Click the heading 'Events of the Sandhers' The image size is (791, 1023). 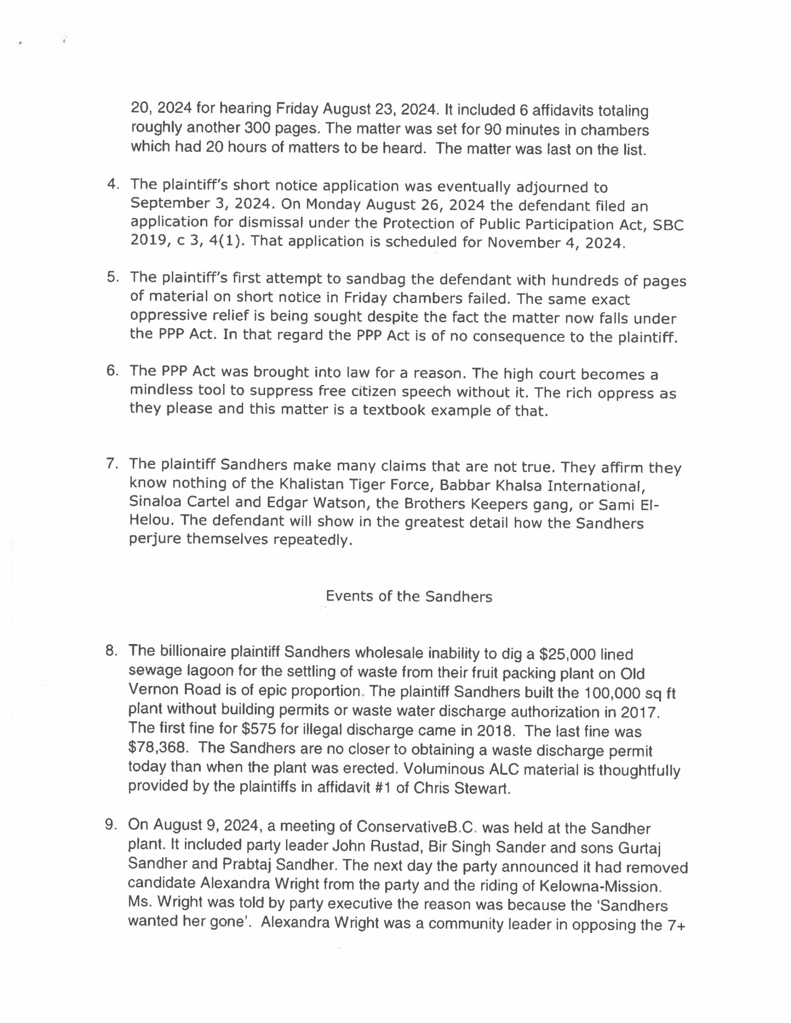[409, 596]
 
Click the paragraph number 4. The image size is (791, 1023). [113, 184]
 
